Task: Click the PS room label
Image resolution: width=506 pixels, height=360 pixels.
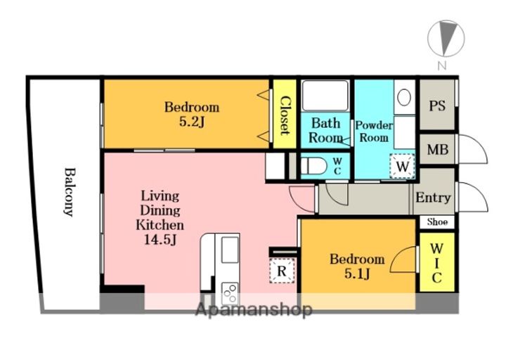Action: [437, 105]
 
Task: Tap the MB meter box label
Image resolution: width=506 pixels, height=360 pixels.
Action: [438, 150]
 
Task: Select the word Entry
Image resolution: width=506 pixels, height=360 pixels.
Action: [433, 198]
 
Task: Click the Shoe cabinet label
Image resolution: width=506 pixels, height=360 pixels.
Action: [437, 221]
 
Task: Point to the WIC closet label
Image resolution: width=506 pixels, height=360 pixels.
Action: [436, 263]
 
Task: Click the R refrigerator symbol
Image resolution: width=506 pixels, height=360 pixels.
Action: [282, 271]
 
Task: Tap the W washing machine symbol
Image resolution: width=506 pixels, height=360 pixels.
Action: [402, 166]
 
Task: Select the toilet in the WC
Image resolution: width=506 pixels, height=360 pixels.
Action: [313, 166]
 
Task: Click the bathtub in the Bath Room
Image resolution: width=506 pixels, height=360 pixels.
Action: [325, 96]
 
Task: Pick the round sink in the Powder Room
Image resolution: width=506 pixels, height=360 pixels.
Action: [404, 97]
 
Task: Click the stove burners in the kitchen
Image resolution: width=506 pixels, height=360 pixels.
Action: [230, 292]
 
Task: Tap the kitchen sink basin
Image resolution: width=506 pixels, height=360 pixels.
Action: [230, 250]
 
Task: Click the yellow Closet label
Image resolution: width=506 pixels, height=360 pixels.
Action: [285, 115]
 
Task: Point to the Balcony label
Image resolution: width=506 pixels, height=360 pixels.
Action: [69, 192]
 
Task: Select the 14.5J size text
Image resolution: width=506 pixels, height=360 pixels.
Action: [160, 240]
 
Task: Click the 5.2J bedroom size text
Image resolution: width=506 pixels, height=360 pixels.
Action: [192, 122]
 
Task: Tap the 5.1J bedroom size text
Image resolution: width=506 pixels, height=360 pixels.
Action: [357, 274]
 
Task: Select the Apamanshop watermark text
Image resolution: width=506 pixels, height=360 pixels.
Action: [254, 310]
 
